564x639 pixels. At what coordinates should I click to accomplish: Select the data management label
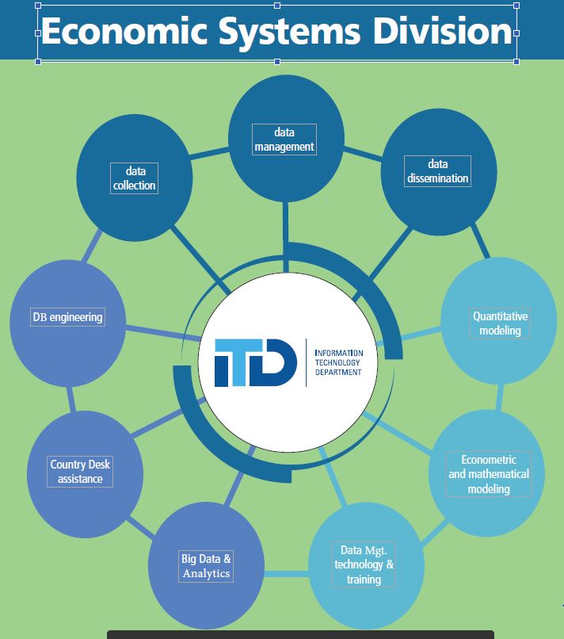pos(284,139)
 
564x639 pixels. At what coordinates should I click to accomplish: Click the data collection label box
pos(135,178)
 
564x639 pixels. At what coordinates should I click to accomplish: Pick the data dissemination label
pos(437,170)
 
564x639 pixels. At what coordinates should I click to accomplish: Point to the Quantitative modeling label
pos(500,323)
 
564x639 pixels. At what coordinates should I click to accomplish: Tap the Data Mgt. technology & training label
pos(364,564)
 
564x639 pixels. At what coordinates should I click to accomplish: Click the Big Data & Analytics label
pos(206,566)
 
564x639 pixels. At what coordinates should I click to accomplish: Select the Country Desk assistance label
pos(79,472)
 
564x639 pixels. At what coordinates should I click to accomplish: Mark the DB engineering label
pos(67,317)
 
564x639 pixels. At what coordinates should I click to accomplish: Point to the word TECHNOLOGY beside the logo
pos(339,362)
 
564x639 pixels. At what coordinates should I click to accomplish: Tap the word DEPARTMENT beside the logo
pos(338,372)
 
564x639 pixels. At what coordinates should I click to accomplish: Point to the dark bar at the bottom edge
pos(301,634)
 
